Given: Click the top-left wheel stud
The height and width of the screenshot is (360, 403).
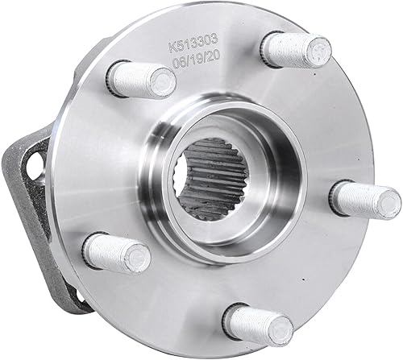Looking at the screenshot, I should click(142, 79).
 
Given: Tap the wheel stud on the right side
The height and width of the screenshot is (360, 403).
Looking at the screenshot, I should click(364, 198).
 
